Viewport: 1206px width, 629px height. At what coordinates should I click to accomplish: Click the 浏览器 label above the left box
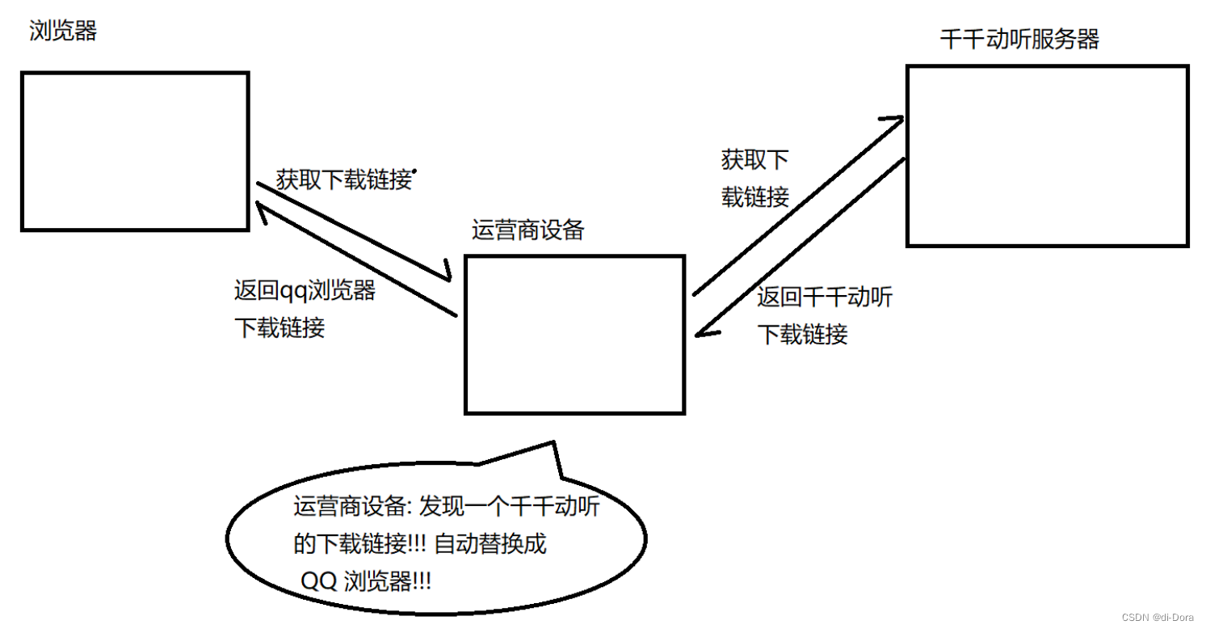pyautogui.click(x=63, y=32)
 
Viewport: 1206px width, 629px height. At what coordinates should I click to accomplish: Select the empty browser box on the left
pyautogui.click(x=135, y=151)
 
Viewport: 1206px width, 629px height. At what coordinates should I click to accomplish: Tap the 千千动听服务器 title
pyautogui.click(x=1019, y=40)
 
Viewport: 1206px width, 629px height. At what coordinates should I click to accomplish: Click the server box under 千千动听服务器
pyautogui.click(x=1047, y=155)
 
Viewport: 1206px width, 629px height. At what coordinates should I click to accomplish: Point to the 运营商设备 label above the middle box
pyautogui.click(x=527, y=230)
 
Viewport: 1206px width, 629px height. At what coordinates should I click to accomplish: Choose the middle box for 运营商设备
pyautogui.click(x=574, y=335)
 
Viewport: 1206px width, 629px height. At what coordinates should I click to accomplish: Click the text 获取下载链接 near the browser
pyautogui.click(x=343, y=179)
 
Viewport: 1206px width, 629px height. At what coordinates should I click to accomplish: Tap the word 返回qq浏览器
pyautogui.click(x=305, y=290)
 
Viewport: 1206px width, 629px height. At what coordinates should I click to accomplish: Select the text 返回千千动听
pyautogui.click(x=825, y=298)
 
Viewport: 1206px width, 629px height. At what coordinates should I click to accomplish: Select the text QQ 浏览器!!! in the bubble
pyautogui.click(x=366, y=580)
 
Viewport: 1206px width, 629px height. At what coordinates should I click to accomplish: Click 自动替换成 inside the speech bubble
pyautogui.click(x=490, y=544)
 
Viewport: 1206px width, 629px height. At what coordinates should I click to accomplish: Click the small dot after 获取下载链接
pyautogui.click(x=415, y=171)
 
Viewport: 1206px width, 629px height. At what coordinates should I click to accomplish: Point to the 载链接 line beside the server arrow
pyautogui.click(x=754, y=196)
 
